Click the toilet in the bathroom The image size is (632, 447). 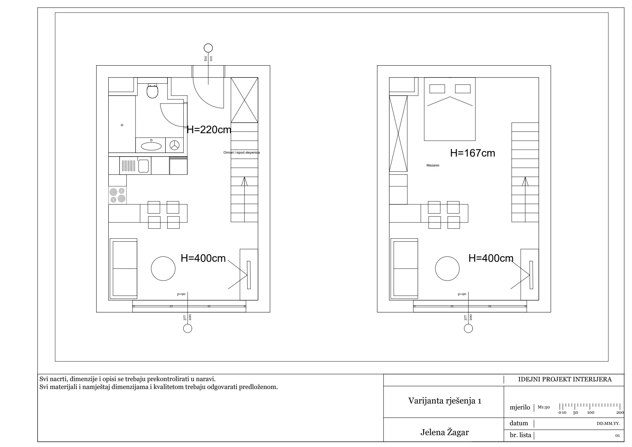point(152,91)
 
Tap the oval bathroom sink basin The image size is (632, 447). point(151,145)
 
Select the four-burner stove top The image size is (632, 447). point(118,195)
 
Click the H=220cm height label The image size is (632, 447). point(209,130)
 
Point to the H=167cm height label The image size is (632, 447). point(473,153)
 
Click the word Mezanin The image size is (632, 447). point(433,165)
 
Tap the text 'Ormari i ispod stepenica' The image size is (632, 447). point(242,153)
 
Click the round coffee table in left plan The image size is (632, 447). point(163,269)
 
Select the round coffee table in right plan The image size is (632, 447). point(447,269)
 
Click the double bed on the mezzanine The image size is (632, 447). point(450,109)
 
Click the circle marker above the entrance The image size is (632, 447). point(208,48)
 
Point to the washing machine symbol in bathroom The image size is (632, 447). point(174,145)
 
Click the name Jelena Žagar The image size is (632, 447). point(444,432)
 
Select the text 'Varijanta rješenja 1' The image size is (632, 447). point(445,401)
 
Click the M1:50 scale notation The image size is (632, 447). point(544,407)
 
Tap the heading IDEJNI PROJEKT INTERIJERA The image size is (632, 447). point(565,379)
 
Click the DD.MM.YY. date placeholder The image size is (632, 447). point(608,424)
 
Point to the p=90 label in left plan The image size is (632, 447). point(181,294)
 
